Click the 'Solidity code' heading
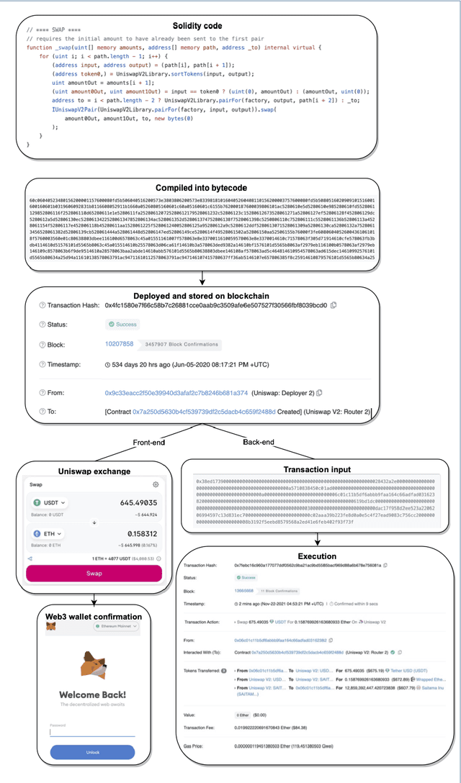point(197,26)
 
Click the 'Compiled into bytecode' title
point(196,187)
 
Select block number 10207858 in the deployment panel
point(120,344)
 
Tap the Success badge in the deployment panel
point(122,325)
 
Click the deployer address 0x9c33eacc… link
point(176,393)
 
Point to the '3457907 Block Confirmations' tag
point(179,345)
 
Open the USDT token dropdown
point(50,502)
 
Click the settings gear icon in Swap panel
point(156,485)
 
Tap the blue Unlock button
point(93,753)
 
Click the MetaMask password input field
point(93,732)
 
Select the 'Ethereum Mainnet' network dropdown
point(120,628)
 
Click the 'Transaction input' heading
point(316,469)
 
